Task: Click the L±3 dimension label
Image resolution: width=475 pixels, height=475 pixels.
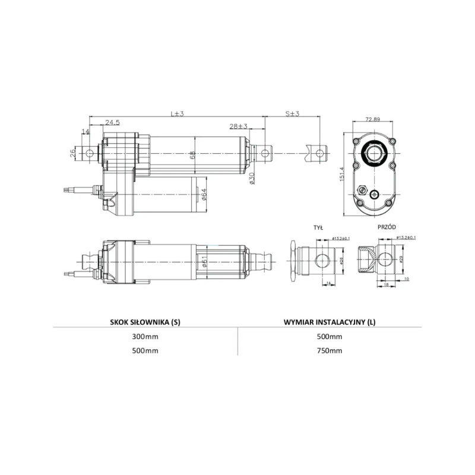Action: tap(177, 113)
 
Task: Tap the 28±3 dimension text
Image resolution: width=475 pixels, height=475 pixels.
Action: tap(239, 127)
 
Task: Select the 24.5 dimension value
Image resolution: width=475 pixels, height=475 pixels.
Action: tap(113, 122)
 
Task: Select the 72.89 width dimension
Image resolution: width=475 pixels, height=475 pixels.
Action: tap(373, 119)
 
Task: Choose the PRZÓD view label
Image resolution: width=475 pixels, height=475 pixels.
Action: tap(387, 227)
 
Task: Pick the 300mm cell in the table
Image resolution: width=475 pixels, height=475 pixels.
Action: tap(145, 337)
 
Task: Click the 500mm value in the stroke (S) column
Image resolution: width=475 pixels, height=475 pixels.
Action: tap(145, 350)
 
